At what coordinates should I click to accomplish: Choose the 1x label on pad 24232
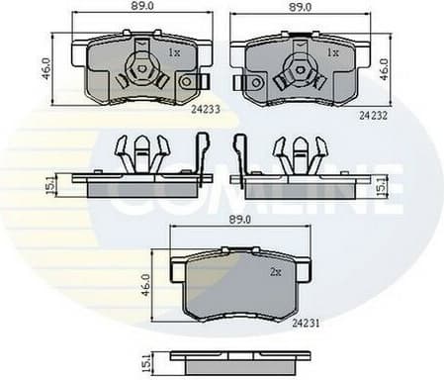(332, 51)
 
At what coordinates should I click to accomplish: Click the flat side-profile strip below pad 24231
(232, 356)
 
